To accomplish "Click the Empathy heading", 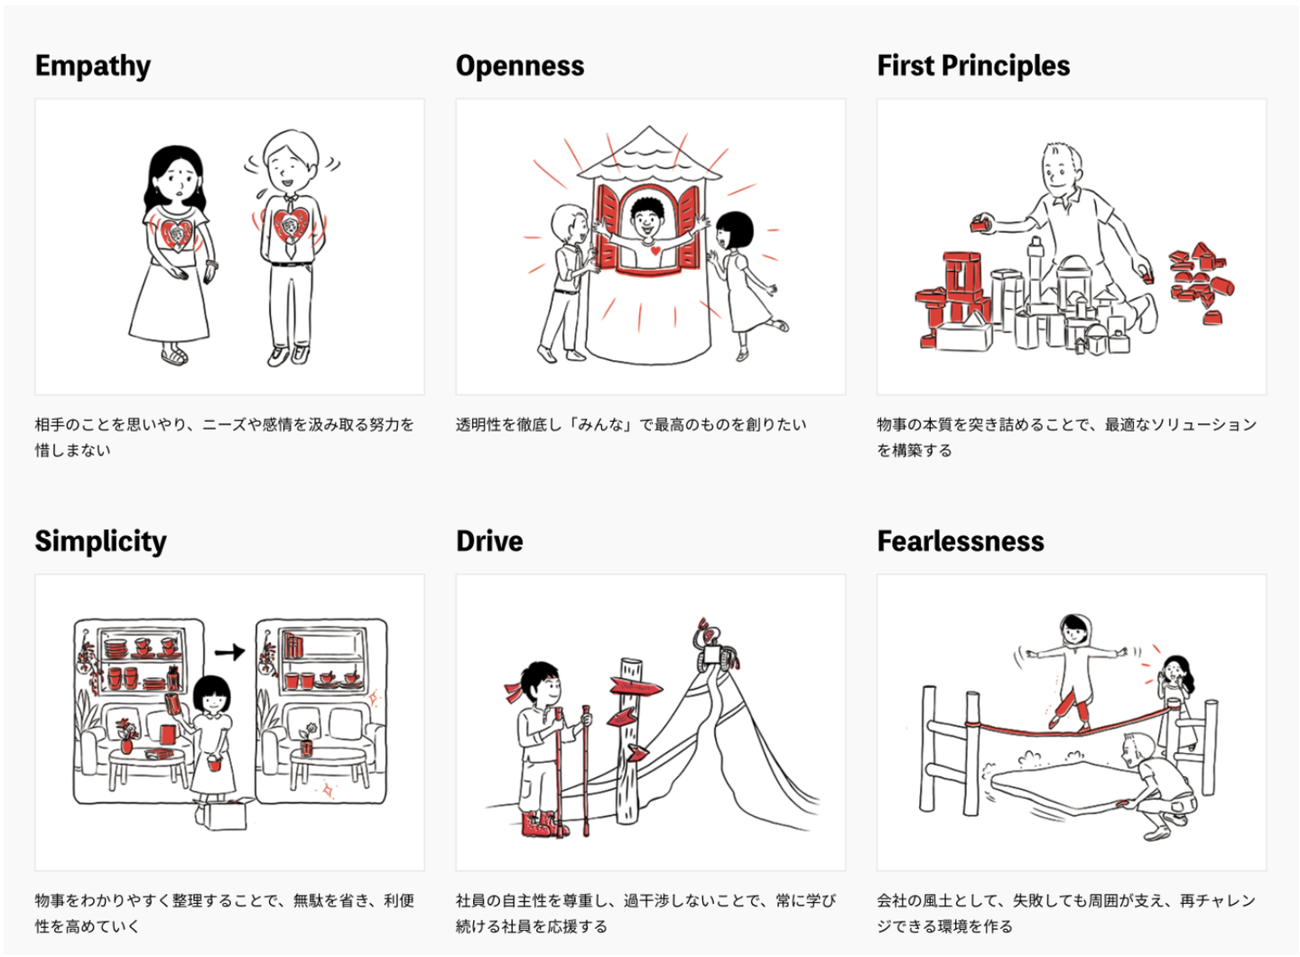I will (93, 66).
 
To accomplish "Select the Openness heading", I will (520, 66).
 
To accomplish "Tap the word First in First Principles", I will (905, 66).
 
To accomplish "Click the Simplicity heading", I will (101, 541).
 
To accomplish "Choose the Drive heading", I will (489, 541).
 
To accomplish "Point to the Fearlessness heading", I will (961, 541).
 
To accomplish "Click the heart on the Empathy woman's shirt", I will (176, 233).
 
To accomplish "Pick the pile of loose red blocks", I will (1200, 278).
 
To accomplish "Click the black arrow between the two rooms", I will (229, 651).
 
